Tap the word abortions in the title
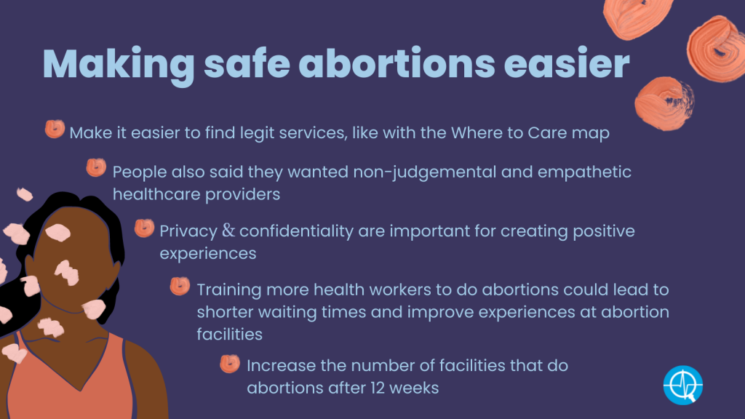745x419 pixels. [397, 63]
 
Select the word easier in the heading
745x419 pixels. [566, 63]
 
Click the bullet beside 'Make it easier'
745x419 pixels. [55, 129]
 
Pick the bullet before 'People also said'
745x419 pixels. [96, 168]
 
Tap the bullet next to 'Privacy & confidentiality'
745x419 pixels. [145, 228]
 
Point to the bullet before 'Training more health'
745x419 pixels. [180, 286]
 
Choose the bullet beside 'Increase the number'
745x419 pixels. [230, 364]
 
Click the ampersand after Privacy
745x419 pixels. [228, 231]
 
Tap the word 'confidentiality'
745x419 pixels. [297, 231]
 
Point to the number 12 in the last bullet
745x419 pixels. [378, 388]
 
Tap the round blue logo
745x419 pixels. [683, 385]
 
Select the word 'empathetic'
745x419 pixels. [584, 172]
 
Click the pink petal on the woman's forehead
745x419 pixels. [58, 233]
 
